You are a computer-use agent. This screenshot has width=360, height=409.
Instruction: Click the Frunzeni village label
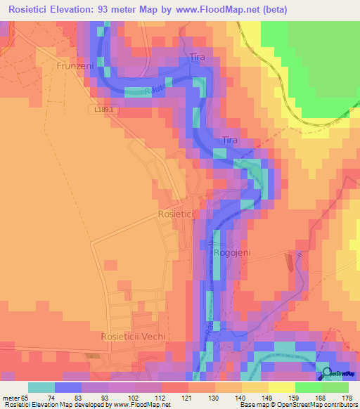click(x=75, y=65)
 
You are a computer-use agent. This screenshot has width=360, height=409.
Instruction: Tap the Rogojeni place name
click(x=231, y=252)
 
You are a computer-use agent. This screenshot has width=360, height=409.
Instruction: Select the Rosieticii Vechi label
click(x=134, y=336)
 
